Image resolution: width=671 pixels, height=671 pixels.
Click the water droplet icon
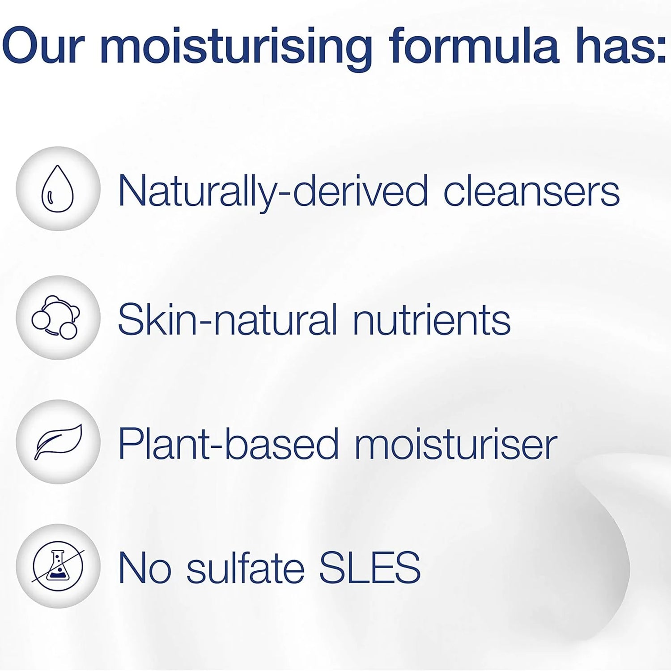[57, 188]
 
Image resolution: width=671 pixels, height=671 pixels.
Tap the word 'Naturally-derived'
[273, 191]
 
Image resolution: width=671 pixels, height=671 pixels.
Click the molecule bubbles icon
[56, 317]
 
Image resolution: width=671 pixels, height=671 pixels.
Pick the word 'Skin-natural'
[227, 319]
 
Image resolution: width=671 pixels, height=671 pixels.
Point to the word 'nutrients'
[432, 319]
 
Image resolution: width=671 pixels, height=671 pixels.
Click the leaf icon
[58, 442]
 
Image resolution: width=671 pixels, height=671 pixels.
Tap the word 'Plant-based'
[228, 444]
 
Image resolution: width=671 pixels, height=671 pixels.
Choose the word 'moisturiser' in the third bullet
[456, 444]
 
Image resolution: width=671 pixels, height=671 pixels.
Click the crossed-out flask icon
[58, 566]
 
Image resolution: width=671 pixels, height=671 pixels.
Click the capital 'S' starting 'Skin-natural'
[129, 319]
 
